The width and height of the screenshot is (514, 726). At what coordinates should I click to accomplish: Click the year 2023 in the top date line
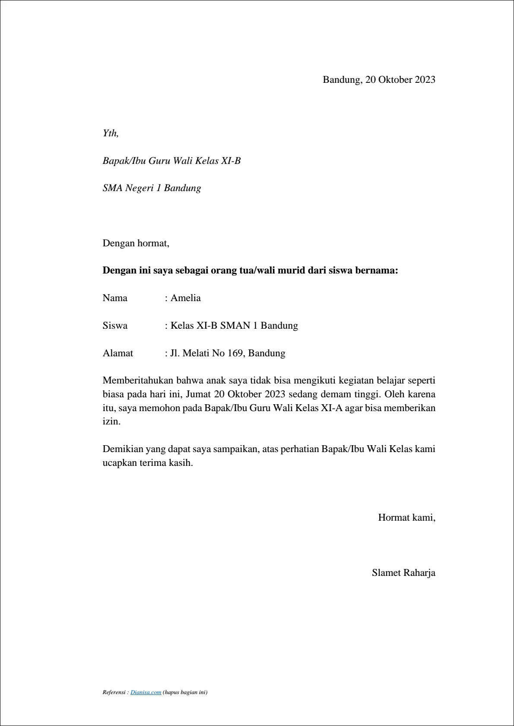pyautogui.click(x=425, y=80)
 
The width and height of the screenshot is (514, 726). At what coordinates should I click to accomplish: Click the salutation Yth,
pyautogui.click(x=111, y=133)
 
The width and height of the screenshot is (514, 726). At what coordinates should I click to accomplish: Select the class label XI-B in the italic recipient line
pyautogui.click(x=231, y=161)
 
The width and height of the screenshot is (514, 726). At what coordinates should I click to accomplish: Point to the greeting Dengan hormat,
pyautogui.click(x=136, y=243)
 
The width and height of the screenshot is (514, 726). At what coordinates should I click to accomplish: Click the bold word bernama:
pyautogui.click(x=376, y=270)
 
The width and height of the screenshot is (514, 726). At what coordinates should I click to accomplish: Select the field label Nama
pyautogui.click(x=115, y=298)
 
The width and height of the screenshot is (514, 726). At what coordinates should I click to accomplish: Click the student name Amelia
pyautogui.click(x=185, y=298)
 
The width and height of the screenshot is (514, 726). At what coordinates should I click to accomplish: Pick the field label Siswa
pyautogui.click(x=115, y=326)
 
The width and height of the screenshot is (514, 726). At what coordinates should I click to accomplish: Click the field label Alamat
pyautogui.click(x=117, y=353)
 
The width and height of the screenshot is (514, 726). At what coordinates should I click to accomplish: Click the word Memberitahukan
pyautogui.click(x=139, y=380)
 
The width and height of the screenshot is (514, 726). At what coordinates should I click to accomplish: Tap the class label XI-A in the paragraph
pyautogui.click(x=331, y=408)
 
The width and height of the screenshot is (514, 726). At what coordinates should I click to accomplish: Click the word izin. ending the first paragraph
pyautogui.click(x=111, y=421)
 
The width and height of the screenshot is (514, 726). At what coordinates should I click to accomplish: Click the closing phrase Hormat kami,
pyautogui.click(x=406, y=518)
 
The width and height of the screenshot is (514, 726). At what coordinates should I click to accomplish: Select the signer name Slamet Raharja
pyautogui.click(x=403, y=573)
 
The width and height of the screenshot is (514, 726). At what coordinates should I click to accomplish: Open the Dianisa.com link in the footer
pyautogui.click(x=146, y=692)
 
